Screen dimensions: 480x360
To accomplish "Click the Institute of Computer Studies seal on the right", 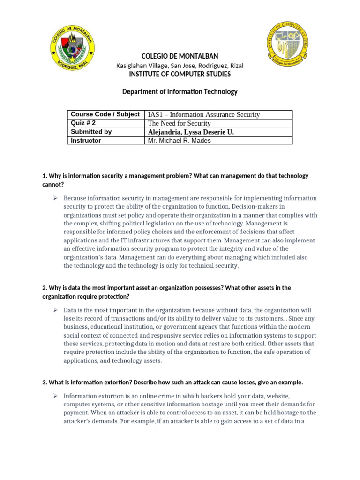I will (287, 44).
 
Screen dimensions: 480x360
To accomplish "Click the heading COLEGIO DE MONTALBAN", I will (180, 56).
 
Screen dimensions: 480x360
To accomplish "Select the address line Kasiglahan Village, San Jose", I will (180, 66).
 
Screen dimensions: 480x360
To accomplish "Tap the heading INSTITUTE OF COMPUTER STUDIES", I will (180, 74).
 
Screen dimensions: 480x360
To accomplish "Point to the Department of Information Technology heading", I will (180, 92).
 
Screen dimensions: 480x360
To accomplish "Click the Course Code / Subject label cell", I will (105, 114).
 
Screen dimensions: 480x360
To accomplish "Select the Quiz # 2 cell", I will (83, 123).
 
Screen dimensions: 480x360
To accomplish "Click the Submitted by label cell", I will (91, 132).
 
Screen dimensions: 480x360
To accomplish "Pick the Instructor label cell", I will (86, 140).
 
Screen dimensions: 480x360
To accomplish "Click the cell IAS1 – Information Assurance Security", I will (204, 115).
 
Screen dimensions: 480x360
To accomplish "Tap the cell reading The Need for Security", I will (180, 123).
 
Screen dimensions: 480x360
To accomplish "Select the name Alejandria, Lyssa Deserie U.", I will (191, 132).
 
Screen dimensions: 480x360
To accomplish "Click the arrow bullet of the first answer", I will (55, 198).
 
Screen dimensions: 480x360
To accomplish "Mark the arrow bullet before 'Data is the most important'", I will (55, 310).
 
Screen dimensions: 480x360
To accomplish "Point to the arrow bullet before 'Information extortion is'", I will (55, 396).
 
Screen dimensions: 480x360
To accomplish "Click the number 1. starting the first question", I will (45, 176).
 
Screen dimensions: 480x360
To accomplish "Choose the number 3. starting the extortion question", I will (45, 382).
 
